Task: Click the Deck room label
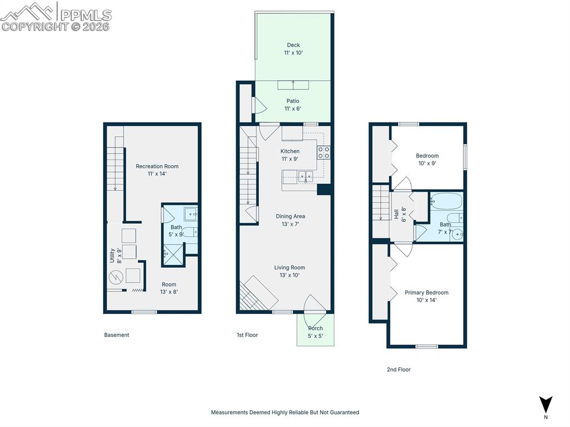click(x=293, y=49)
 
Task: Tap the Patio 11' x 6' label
click(x=293, y=105)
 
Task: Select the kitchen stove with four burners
click(x=323, y=153)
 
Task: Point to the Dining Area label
click(x=290, y=220)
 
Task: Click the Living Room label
click(x=289, y=271)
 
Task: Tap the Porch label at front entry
click(x=315, y=332)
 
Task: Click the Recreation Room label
click(x=157, y=170)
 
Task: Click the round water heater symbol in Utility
click(x=116, y=278)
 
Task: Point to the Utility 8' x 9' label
click(x=116, y=256)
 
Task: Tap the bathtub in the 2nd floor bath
click(x=446, y=201)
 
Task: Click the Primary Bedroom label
click(x=426, y=296)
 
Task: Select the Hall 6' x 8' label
click(x=400, y=214)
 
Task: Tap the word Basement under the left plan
click(x=116, y=335)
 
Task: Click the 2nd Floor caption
click(x=399, y=370)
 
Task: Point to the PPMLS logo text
click(x=86, y=15)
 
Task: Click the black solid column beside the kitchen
click(x=325, y=189)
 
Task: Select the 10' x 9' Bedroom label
click(x=427, y=159)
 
